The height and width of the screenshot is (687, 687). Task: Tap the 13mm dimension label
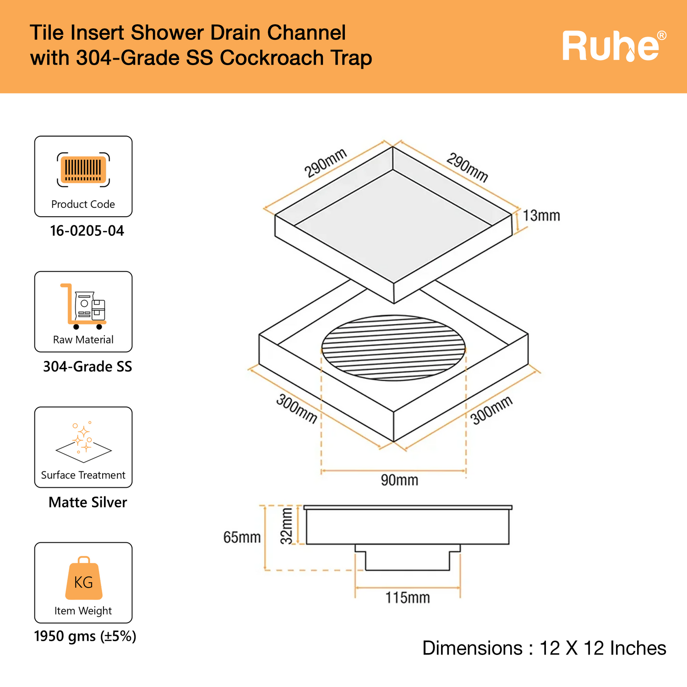click(x=541, y=216)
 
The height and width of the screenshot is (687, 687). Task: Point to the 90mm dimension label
click(x=399, y=480)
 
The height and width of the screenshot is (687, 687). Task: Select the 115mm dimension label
click(x=407, y=598)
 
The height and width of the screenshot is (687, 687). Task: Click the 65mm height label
click(x=242, y=537)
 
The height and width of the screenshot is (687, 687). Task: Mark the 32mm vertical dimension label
click(x=287, y=526)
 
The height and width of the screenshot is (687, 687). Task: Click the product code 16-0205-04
click(x=87, y=231)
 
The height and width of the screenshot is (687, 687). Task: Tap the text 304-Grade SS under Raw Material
click(x=87, y=366)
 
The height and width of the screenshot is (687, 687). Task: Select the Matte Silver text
click(x=87, y=502)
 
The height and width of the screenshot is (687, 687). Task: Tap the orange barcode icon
click(x=83, y=169)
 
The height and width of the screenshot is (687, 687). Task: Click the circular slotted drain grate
click(x=393, y=348)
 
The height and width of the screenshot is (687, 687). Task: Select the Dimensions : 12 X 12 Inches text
click(x=544, y=649)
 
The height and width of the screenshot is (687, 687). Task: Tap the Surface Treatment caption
click(x=83, y=475)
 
